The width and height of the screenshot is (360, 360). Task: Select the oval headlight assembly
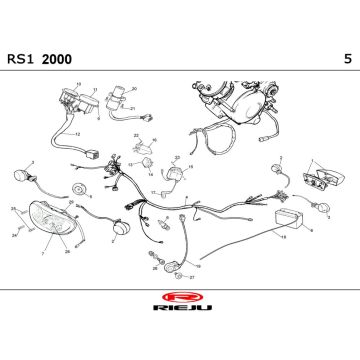click(50, 214)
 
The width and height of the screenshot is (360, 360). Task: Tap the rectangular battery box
click(290, 221)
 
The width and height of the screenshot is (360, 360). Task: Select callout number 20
click(132, 88)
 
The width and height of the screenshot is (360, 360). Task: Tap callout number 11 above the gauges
click(93, 89)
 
